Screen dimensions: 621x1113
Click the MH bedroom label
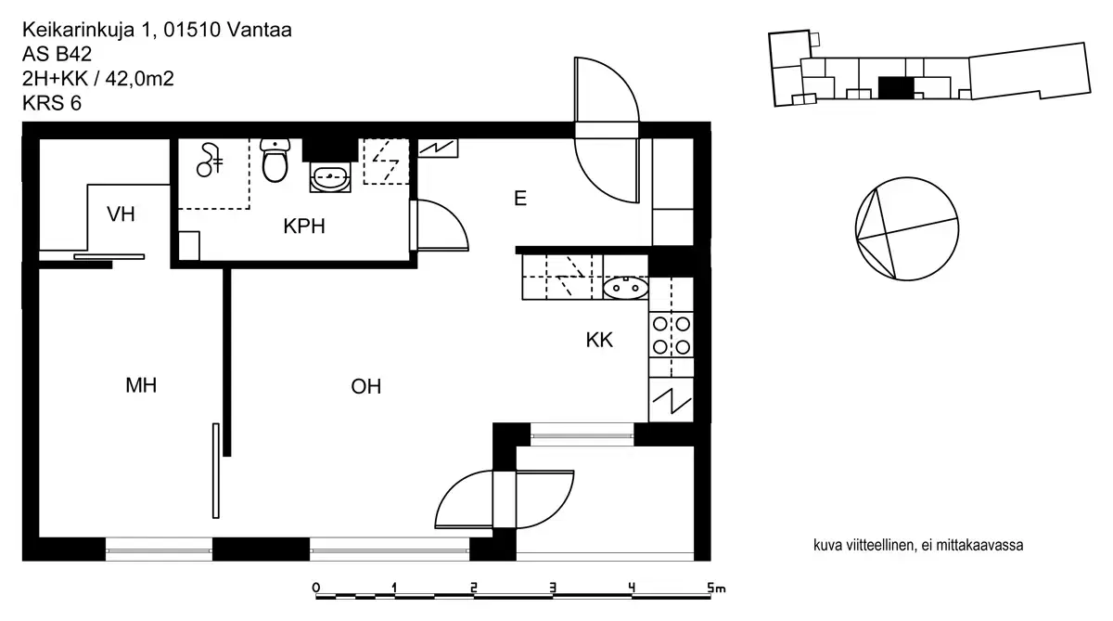[141, 386]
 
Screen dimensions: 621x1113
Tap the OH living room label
[366, 387]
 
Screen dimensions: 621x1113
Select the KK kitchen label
[599, 341]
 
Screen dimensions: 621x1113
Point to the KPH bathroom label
[304, 227]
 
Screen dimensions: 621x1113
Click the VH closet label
[121, 215]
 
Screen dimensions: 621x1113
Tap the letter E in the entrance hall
[520, 199]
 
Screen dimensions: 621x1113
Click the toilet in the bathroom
[275, 161]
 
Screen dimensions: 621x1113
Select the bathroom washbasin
[329, 177]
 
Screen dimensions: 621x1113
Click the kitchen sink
[625, 289]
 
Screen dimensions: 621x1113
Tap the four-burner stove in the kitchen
[671, 335]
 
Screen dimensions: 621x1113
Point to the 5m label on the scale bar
[714, 588]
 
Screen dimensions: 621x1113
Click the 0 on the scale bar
[316, 588]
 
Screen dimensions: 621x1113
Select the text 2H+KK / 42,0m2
[97, 79]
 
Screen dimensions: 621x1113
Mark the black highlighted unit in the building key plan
[896, 87]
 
